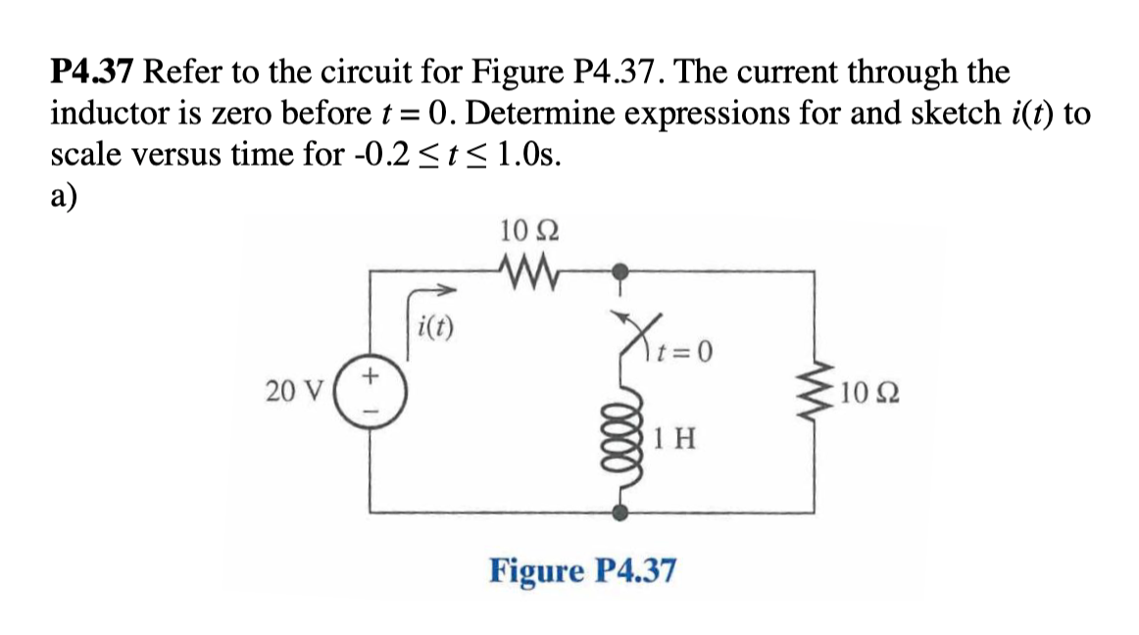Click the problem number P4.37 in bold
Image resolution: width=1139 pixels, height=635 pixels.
(x=95, y=73)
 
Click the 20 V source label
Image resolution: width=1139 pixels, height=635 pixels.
(x=289, y=392)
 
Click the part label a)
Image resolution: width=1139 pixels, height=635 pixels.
(x=65, y=194)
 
